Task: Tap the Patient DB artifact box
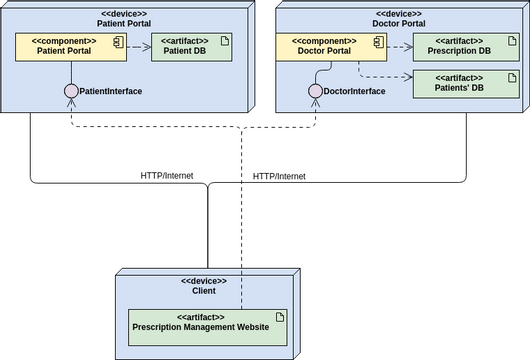point(191,47)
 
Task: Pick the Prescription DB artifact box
point(457,47)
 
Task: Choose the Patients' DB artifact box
point(457,83)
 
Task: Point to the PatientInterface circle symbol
point(71,92)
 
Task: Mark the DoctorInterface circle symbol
point(315,92)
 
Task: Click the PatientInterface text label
point(111,92)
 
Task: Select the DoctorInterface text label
point(355,92)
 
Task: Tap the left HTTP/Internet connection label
point(167,176)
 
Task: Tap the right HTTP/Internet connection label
point(279,176)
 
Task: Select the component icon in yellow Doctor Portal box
point(378,41)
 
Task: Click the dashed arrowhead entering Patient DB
point(147,47)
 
